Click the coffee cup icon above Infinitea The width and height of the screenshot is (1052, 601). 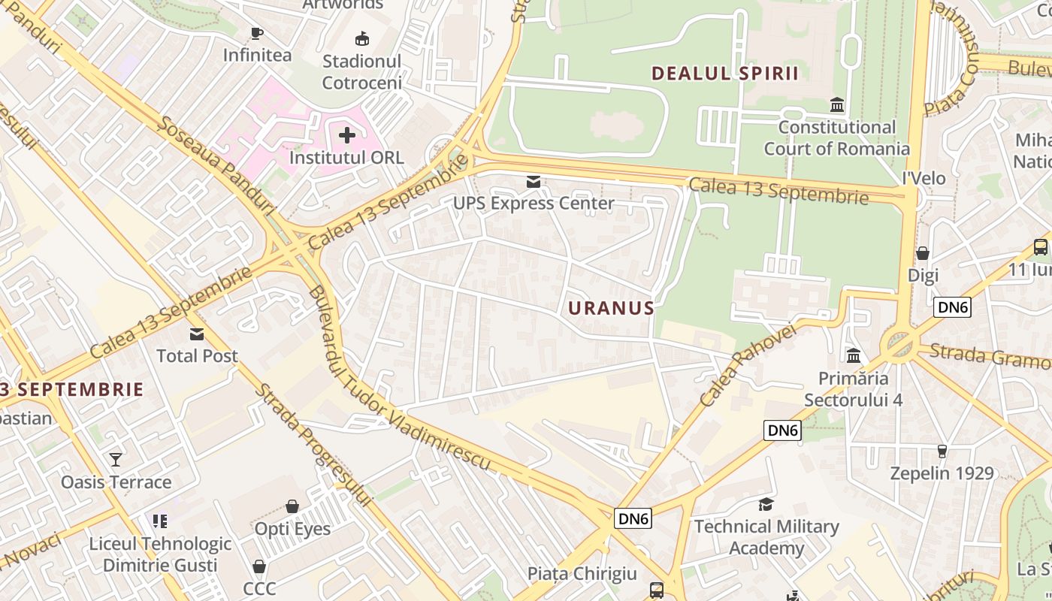(x=256, y=33)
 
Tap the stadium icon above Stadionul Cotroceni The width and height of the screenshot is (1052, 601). (x=361, y=38)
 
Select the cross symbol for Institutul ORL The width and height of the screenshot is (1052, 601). (x=346, y=135)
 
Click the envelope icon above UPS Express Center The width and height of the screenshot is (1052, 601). (x=533, y=181)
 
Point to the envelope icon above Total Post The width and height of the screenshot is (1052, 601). (x=197, y=334)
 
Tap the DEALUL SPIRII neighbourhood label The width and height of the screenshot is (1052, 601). (x=724, y=73)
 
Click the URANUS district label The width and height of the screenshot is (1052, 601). (x=611, y=308)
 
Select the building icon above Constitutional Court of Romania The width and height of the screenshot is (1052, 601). (x=836, y=104)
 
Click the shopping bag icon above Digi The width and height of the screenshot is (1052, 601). (x=922, y=253)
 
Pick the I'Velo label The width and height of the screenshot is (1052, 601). (x=924, y=178)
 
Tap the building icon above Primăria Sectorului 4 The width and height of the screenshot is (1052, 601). (x=854, y=355)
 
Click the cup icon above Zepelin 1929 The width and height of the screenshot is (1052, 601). (x=942, y=451)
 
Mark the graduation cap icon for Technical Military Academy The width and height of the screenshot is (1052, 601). (x=766, y=504)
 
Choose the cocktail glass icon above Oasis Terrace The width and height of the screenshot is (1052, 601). (x=116, y=459)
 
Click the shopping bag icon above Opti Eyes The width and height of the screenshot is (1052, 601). (x=292, y=506)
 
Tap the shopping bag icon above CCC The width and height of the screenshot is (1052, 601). (x=259, y=566)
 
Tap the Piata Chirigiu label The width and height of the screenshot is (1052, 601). (x=582, y=573)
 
